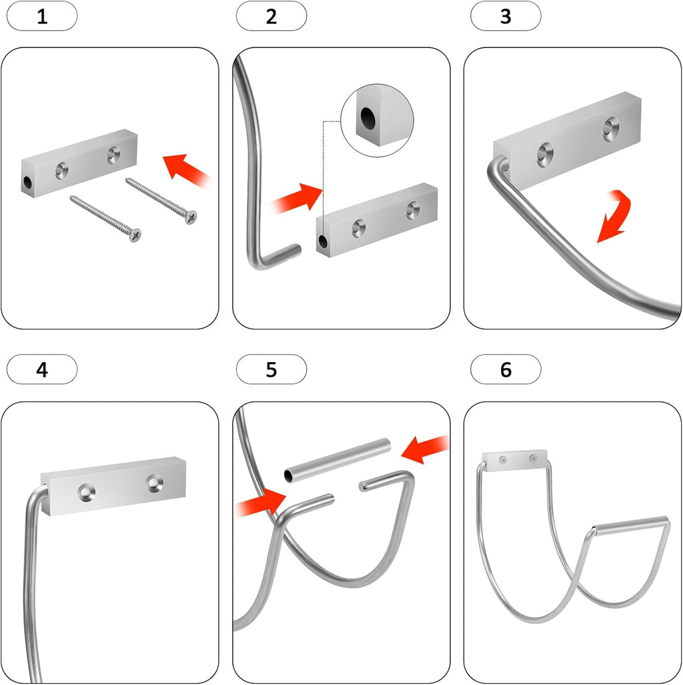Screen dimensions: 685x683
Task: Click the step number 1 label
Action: [x=42, y=16]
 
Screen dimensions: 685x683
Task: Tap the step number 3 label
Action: [x=506, y=16]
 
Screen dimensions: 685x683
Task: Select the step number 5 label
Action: [x=271, y=370]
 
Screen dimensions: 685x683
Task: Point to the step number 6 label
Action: [x=506, y=370]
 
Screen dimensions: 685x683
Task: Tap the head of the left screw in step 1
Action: [x=136, y=235]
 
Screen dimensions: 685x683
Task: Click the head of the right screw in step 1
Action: [x=192, y=217]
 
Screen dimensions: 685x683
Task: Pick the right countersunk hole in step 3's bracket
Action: [x=610, y=128]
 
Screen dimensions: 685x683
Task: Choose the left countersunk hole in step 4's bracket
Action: [x=85, y=493]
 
